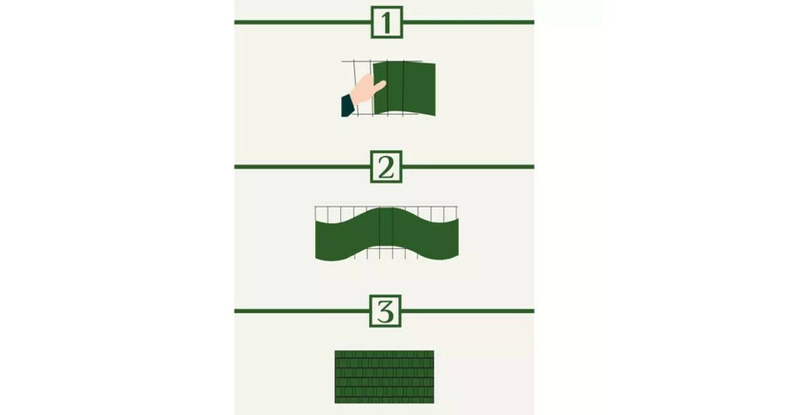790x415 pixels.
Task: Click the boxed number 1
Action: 387,22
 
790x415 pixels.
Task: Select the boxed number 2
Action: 386,167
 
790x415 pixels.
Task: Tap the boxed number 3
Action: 386,311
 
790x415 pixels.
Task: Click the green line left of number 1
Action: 303,22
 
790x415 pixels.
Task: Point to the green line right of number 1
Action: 468,22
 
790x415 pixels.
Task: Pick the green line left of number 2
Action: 302,167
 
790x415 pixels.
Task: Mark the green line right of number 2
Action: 468,167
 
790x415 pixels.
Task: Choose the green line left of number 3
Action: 302,311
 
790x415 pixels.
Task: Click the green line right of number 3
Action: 467,311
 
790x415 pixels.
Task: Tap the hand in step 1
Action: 367,90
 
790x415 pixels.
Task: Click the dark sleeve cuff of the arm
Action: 347,105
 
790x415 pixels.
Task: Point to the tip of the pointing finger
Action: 384,83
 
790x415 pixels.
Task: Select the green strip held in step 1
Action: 404,88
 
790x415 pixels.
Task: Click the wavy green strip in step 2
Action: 387,234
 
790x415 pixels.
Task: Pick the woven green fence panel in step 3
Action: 384,377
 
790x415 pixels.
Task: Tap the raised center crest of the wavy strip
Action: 386,209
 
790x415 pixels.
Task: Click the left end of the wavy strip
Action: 316,239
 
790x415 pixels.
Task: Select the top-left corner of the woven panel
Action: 334,350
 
